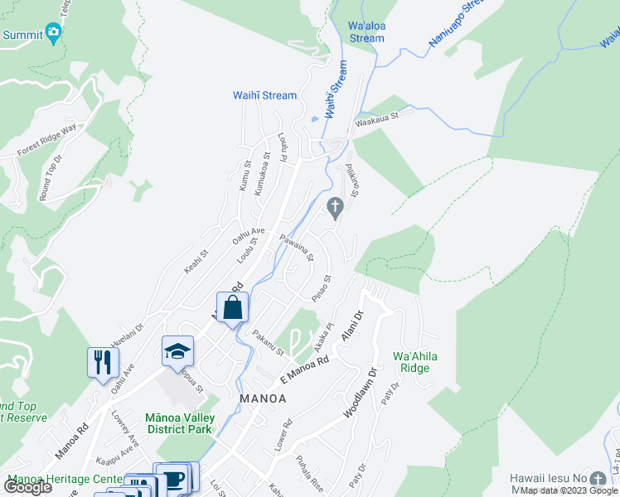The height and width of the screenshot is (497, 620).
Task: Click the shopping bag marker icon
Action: click(x=233, y=307)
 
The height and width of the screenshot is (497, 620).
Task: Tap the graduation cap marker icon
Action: click(x=177, y=351)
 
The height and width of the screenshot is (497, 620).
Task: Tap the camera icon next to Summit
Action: click(x=54, y=34)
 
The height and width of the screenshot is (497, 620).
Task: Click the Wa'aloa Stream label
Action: click(x=366, y=31)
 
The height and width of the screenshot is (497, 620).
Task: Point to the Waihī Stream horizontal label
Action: click(x=264, y=95)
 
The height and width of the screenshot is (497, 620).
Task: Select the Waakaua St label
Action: click(x=377, y=119)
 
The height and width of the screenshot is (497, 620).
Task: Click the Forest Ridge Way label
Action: click(x=46, y=140)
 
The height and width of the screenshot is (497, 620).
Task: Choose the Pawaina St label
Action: click(x=296, y=247)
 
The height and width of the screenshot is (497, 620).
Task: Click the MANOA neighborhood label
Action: click(x=263, y=398)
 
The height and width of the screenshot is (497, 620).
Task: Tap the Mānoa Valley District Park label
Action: click(x=179, y=422)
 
